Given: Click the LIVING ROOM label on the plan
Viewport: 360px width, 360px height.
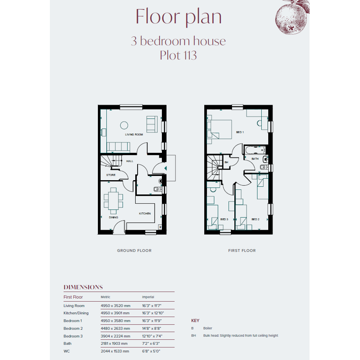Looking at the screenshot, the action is click(x=134, y=134).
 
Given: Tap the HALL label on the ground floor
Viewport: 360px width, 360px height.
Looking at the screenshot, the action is click(x=130, y=161).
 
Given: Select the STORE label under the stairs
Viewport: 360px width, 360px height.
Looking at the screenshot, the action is click(x=111, y=175).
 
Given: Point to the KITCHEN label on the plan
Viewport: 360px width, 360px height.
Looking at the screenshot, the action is click(x=145, y=213).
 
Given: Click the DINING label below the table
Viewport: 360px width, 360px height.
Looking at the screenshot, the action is click(x=114, y=217).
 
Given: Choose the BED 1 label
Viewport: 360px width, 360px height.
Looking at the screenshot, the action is click(x=240, y=132).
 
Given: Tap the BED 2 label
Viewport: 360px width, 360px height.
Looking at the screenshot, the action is click(x=255, y=219).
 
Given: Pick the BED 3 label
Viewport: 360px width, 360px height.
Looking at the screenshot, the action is click(x=224, y=219).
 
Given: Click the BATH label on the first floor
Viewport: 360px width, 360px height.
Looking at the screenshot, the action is click(x=255, y=158).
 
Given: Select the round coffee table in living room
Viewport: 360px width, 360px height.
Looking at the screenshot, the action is click(x=124, y=125).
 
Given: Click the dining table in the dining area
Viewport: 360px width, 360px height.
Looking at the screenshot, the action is click(x=114, y=201).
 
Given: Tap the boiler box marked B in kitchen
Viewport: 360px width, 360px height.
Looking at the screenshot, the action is click(x=160, y=227).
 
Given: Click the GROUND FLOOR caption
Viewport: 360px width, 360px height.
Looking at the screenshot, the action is click(x=134, y=251).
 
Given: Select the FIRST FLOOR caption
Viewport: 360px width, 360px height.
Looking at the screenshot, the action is click(x=242, y=251).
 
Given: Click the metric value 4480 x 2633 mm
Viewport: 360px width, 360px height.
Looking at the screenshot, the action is click(x=115, y=328).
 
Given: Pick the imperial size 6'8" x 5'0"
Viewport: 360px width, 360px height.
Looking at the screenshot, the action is click(x=151, y=351).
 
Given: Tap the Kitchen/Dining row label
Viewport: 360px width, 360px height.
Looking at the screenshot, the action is click(x=76, y=313).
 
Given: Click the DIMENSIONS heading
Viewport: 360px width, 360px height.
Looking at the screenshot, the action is click(x=83, y=287).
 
